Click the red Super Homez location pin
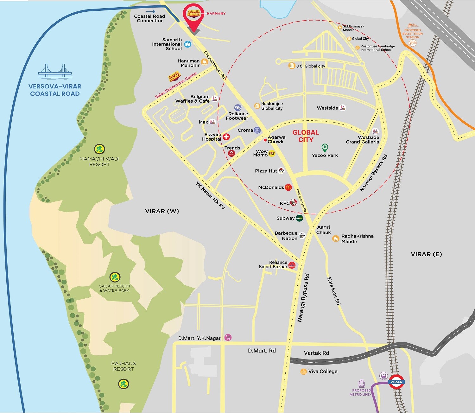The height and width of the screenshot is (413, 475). (193, 16)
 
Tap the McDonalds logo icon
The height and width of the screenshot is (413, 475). (288, 187)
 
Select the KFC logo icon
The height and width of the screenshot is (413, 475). (293, 203)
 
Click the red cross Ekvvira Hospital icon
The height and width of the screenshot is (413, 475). (226, 137)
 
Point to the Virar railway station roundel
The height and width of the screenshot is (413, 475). (396, 382)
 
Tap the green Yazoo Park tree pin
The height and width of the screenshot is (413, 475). (325, 148)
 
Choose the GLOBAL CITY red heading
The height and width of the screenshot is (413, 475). (306, 136)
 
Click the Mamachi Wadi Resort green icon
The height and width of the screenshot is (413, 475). (99, 149)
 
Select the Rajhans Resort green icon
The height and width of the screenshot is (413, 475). (123, 384)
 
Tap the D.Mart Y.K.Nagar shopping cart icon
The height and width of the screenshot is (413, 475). (228, 338)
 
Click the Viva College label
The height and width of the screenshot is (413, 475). (323, 371)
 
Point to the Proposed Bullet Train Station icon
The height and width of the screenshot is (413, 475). (412, 43)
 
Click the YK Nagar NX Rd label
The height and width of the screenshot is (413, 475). (210, 195)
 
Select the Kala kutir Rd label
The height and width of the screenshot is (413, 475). (334, 291)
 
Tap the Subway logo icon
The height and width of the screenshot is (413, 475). (299, 218)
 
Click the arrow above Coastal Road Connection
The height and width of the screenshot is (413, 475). (151, 11)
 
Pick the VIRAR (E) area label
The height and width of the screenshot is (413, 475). (426, 254)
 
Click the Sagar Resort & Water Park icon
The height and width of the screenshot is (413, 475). (115, 277)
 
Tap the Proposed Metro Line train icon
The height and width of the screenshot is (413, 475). (362, 384)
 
